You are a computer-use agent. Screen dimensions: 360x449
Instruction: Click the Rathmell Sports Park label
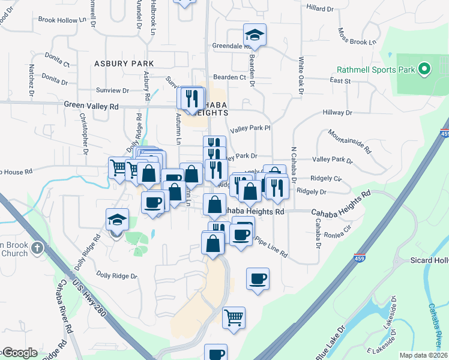pos(376,70)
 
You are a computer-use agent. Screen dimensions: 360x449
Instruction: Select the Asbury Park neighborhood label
pos(124,63)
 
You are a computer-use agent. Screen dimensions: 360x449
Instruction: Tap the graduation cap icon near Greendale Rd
pos(255,35)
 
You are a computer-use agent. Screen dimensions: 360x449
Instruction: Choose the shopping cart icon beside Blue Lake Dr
pos(234,317)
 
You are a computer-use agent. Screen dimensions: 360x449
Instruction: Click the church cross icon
pos(37,247)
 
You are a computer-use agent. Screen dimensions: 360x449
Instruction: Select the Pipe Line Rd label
pos(271,246)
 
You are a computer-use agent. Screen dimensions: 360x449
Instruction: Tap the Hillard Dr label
pos(319,9)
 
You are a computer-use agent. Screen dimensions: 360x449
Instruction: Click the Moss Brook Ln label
pos(357,38)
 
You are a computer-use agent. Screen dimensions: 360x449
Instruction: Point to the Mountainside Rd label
pos(355,142)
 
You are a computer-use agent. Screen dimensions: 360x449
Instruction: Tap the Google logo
pos(19,353)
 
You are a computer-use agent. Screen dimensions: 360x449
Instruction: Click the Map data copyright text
pos(424,355)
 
